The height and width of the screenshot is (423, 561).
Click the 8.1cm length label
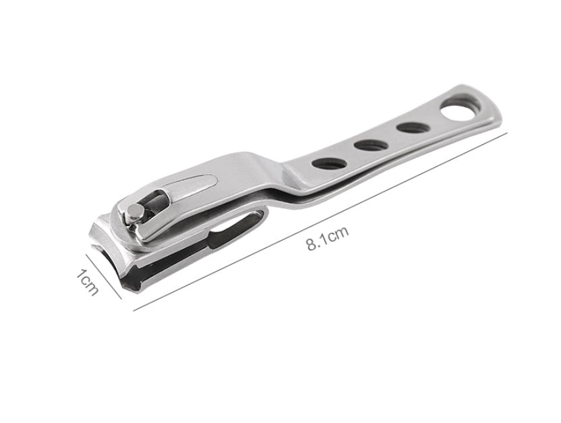pyautogui.click(x=328, y=239)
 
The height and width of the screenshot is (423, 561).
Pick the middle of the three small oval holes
pyautogui.click(x=367, y=144)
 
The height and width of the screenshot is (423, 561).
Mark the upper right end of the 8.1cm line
pyautogui.click(x=506, y=134)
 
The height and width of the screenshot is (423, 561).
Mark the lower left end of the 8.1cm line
pyautogui.click(x=134, y=310)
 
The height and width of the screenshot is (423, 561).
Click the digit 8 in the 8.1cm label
pyautogui.click(x=312, y=244)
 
